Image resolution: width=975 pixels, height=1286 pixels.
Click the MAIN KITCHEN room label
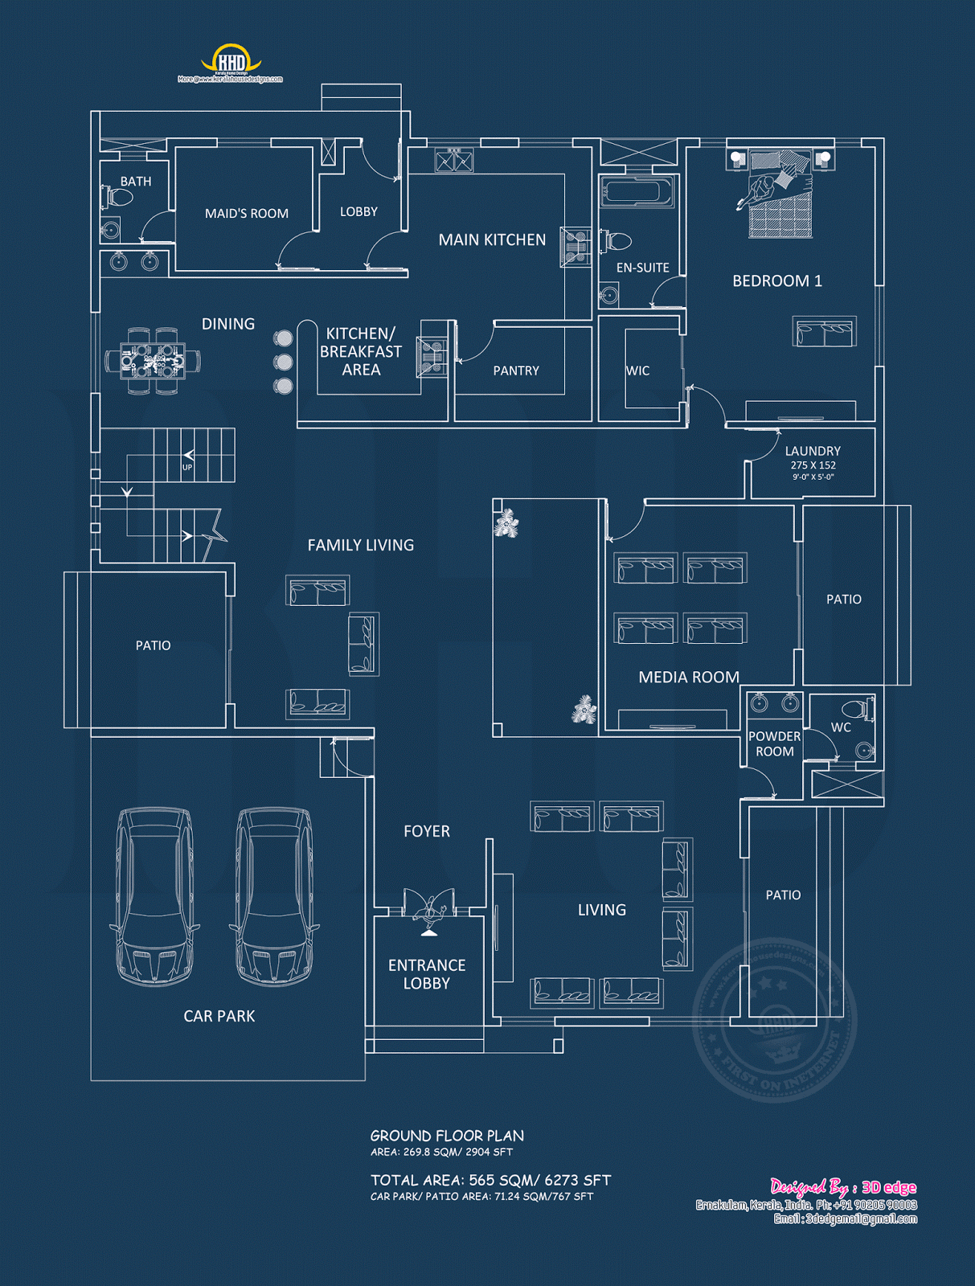point(492,240)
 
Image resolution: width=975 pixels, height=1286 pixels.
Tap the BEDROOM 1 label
point(776,281)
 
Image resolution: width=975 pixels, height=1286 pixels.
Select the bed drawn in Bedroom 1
point(779,196)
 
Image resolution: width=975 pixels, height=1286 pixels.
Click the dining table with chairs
point(152,361)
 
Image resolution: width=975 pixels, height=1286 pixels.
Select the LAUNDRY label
point(813,451)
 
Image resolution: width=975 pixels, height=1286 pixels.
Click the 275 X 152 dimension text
point(813,465)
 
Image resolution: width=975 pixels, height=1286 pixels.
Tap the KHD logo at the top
point(231,61)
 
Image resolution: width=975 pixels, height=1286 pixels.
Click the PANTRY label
point(516,371)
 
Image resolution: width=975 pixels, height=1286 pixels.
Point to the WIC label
point(637,371)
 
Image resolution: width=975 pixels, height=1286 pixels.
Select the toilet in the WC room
point(856,710)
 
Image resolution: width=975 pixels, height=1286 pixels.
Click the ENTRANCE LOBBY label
point(427,973)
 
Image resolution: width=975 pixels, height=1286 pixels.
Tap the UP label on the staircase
point(187,467)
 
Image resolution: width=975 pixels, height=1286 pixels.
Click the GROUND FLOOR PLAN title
point(447,1136)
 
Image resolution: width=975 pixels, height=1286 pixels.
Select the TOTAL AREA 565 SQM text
point(490,1180)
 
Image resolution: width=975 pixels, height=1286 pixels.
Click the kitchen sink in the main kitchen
point(454,161)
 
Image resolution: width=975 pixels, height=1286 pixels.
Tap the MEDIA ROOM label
point(689,677)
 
